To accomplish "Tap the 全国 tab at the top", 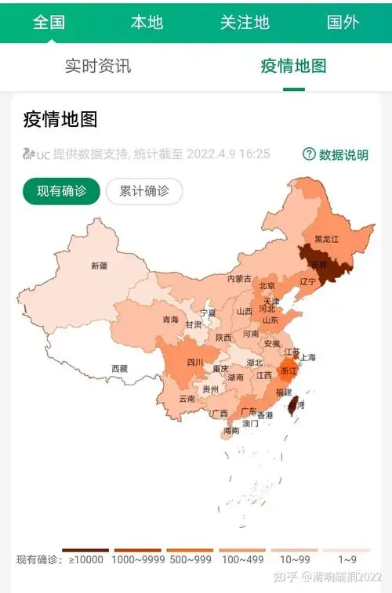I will [x=49, y=22].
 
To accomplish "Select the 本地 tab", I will [x=147, y=22].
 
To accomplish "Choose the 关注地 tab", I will [x=245, y=22].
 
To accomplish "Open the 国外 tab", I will [x=343, y=22].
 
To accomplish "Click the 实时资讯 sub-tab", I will [x=98, y=66].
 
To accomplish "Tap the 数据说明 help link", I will [x=336, y=154].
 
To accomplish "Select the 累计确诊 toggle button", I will [x=144, y=191].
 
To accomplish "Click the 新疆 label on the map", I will [x=99, y=266].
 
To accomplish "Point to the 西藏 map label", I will [x=119, y=368].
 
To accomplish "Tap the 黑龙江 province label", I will [x=326, y=239].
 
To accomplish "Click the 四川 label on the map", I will [x=195, y=362].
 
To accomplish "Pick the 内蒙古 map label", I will [x=240, y=279].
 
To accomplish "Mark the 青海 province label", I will [x=170, y=320].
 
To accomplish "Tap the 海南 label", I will [x=231, y=431].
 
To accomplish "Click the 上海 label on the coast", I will [x=307, y=357].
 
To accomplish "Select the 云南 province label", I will [x=187, y=399].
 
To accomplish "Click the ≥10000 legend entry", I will [x=85, y=559].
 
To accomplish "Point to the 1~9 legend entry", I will [x=348, y=559].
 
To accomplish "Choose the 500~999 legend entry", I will [x=189, y=559].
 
